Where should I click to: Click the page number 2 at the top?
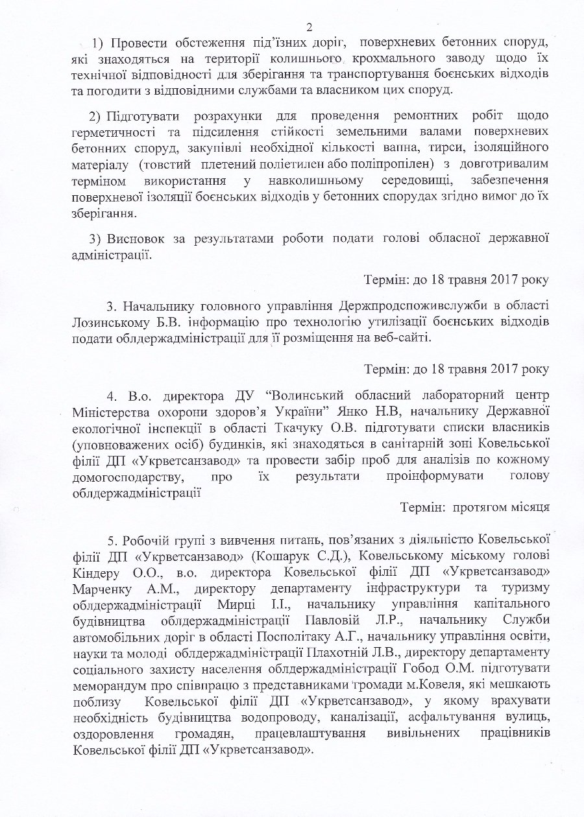click(x=310, y=27)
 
